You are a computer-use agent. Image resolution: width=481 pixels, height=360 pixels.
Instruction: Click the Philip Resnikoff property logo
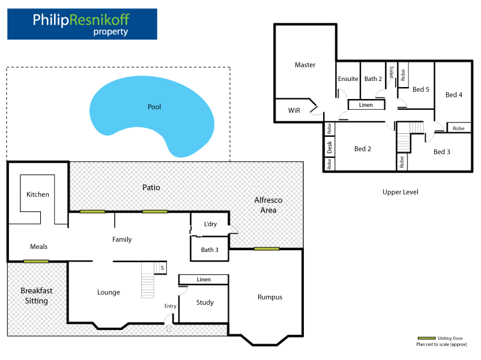coord(82,24)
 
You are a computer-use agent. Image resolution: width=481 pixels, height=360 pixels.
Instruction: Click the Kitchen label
coord(38,194)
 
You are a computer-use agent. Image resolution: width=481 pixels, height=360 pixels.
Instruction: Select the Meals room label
coord(38,247)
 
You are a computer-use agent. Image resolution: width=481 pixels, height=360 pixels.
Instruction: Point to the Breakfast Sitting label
coord(37,295)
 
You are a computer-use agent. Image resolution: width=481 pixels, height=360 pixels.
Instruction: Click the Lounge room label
coord(109,292)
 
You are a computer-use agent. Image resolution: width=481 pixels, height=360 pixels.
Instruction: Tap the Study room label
coord(205,302)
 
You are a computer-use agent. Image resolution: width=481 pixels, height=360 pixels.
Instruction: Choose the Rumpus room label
coord(270,297)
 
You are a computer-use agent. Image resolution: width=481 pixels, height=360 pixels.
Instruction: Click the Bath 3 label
coord(210,250)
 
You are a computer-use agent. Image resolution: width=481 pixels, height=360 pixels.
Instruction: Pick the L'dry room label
coord(210,224)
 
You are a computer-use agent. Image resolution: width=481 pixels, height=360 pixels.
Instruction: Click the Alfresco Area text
coord(268,205)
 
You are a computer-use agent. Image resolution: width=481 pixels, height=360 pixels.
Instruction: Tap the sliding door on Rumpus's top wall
coord(265,249)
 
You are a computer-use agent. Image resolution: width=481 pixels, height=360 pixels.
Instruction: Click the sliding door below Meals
coord(36,261)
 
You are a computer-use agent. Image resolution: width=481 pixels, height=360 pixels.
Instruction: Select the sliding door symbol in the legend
coord(426,338)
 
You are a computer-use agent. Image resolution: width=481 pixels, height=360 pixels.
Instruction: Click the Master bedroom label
coord(305,65)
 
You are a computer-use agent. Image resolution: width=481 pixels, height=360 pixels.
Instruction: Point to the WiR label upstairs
coord(294,110)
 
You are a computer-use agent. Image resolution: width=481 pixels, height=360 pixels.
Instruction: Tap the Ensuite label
coord(348,79)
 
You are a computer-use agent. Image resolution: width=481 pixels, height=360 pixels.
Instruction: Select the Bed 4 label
coord(454,95)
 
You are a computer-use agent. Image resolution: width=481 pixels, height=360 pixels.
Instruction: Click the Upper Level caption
coord(400,192)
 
